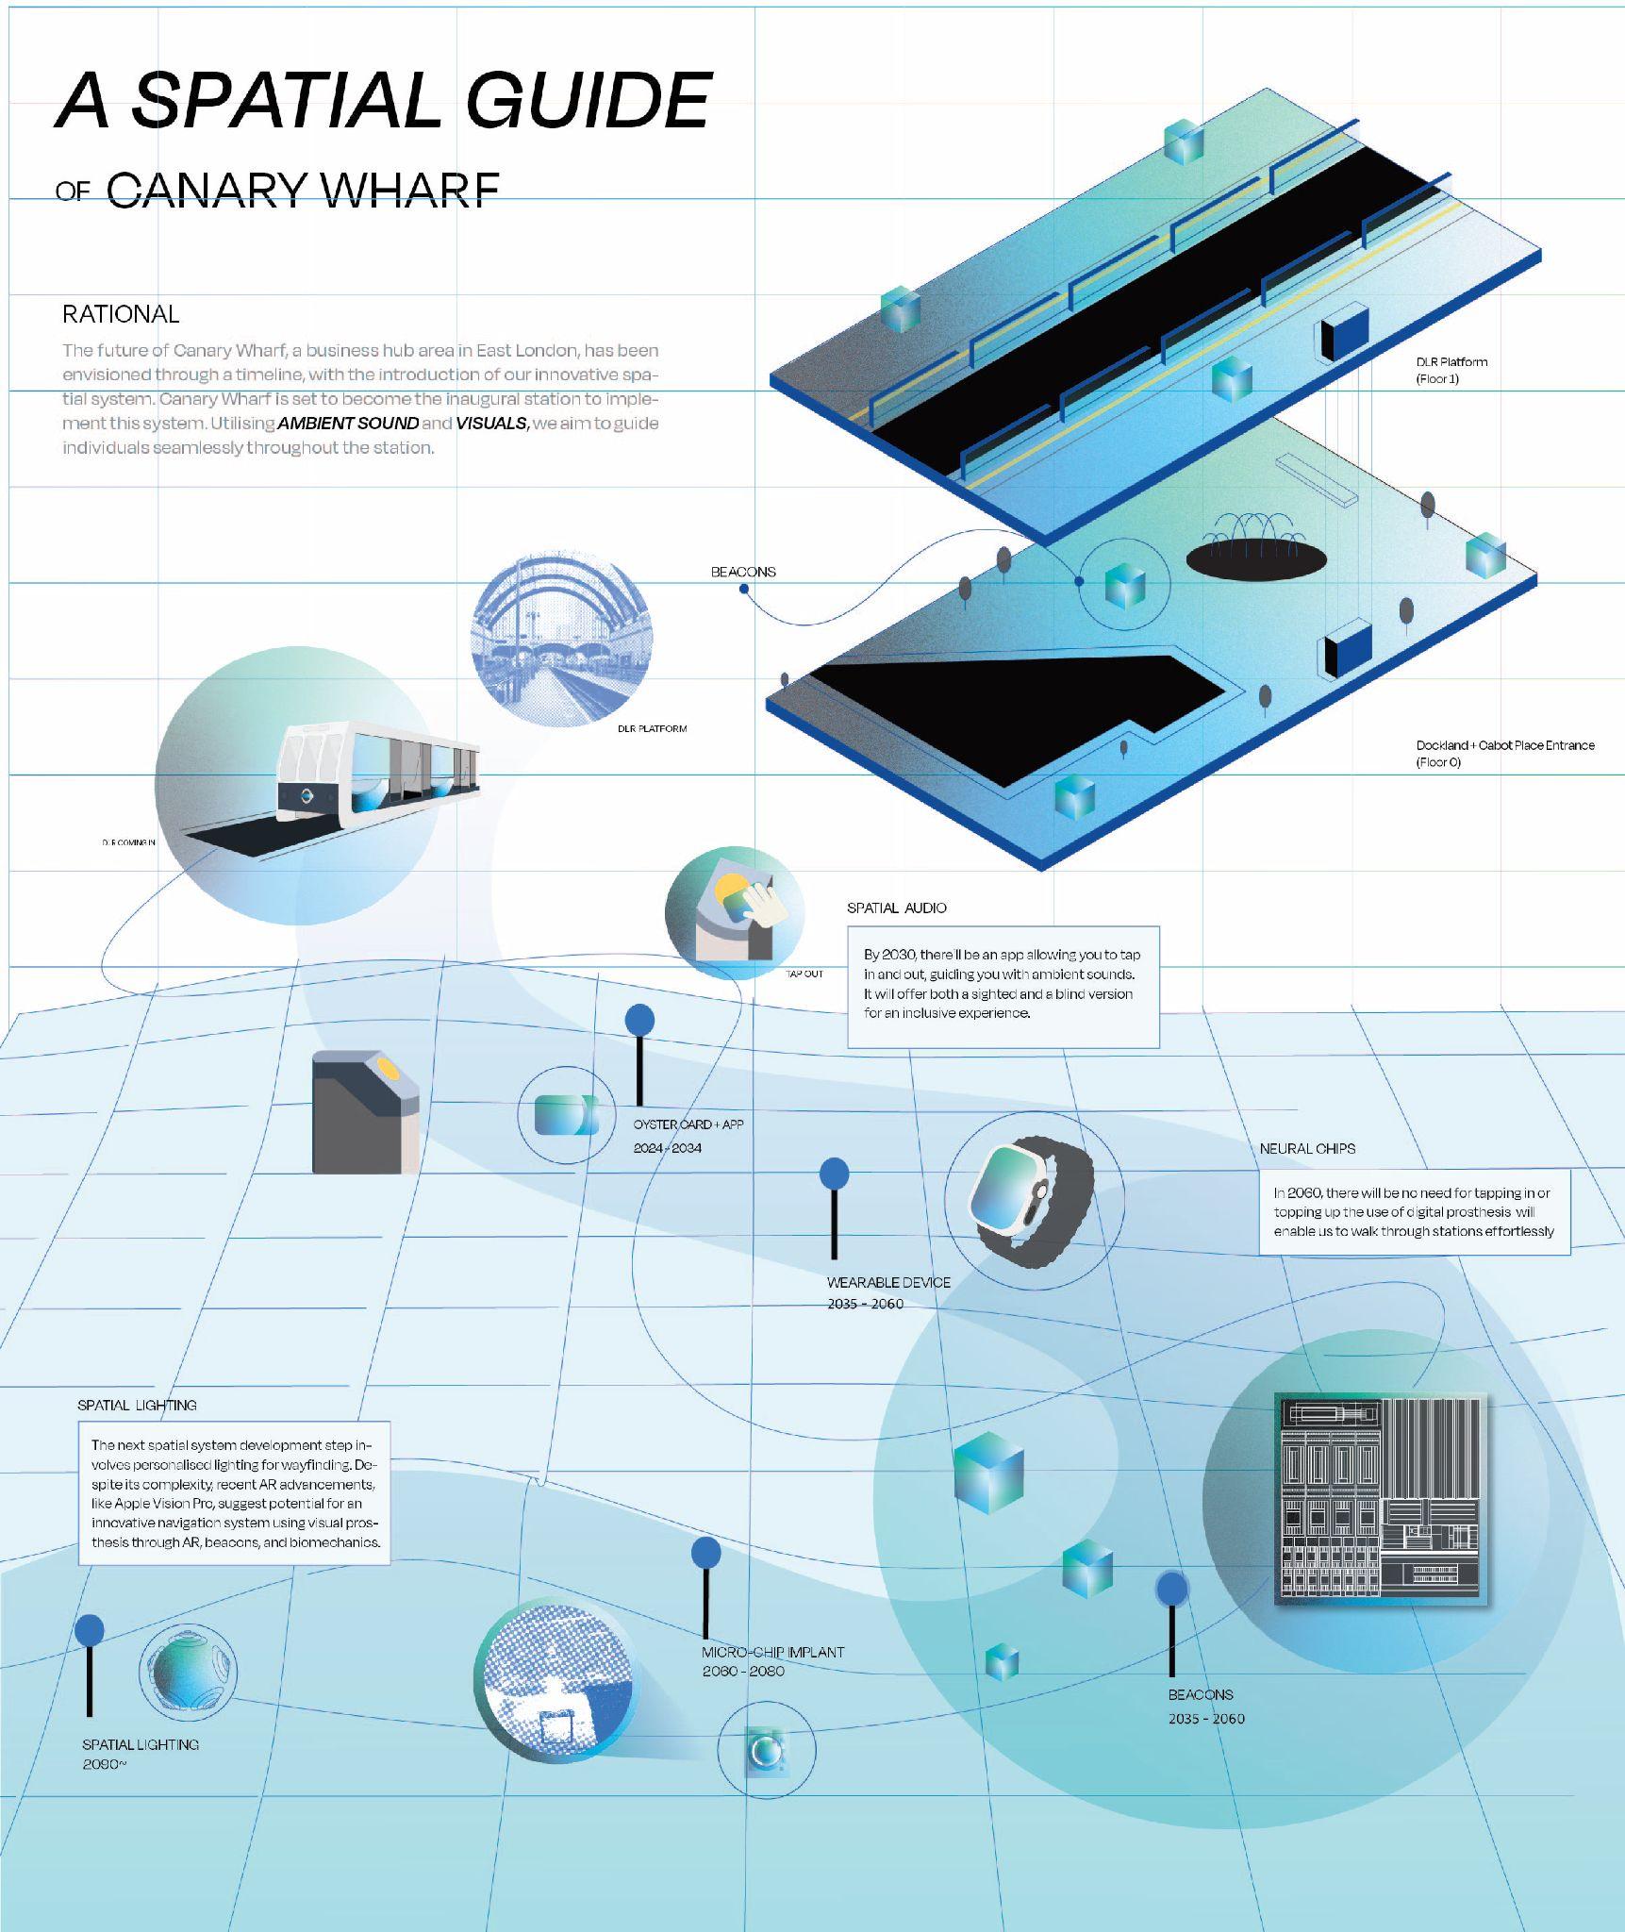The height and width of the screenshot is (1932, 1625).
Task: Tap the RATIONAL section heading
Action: tap(121, 314)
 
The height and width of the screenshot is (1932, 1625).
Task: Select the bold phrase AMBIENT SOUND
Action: tap(348, 424)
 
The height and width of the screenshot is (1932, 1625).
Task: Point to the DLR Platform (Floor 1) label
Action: tap(1451, 370)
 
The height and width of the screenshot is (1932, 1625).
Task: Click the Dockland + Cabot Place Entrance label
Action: tap(1504, 753)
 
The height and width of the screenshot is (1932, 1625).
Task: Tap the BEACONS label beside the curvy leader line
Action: tap(743, 572)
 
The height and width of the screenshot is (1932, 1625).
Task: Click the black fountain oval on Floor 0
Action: tap(1255, 559)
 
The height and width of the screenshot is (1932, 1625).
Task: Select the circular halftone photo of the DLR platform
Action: tap(561, 641)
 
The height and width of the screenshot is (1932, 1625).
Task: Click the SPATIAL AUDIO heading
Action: tap(896, 908)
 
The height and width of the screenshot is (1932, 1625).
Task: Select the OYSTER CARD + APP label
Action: tap(688, 1124)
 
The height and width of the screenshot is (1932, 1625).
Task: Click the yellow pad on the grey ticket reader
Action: tap(388, 1069)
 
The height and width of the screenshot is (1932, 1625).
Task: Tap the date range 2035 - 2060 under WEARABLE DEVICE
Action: tap(865, 1304)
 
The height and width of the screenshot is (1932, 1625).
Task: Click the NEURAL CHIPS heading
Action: tap(1307, 1148)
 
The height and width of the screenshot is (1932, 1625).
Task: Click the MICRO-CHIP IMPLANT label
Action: tap(772, 1652)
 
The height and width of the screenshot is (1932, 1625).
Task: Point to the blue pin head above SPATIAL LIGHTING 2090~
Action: tap(90, 1629)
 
